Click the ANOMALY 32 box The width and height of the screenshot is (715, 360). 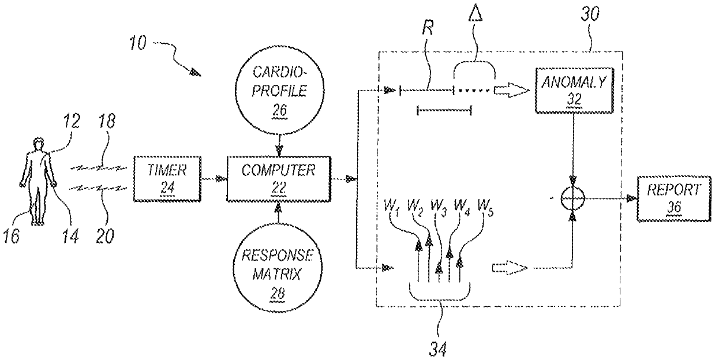[x=572, y=89]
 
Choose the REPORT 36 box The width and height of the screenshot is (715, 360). [x=674, y=198]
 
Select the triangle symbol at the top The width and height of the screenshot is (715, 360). [x=474, y=13]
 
